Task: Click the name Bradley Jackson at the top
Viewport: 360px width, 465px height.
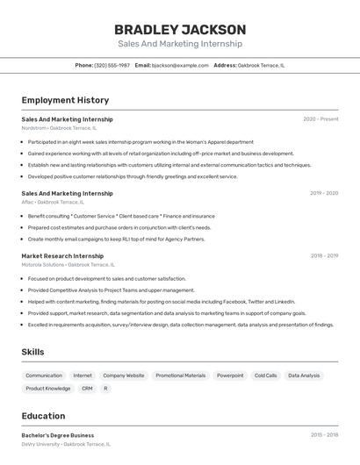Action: (x=180, y=30)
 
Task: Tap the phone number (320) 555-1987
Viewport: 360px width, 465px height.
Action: (x=112, y=65)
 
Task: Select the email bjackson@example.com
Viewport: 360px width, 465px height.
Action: (x=180, y=65)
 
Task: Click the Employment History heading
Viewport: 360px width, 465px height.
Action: (x=65, y=100)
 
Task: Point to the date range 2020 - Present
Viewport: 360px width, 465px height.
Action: (x=320, y=119)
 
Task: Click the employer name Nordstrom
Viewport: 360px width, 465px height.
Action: (x=34, y=128)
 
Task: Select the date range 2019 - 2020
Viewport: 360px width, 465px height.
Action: (x=323, y=193)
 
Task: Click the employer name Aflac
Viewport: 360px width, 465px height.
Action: (x=27, y=202)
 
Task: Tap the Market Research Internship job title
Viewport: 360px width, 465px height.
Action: (x=62, y=256)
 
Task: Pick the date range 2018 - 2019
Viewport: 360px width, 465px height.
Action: (x=324, y=256)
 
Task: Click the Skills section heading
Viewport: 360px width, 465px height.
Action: (x=33, y=352)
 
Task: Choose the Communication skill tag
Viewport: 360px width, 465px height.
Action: (x=44, y=376)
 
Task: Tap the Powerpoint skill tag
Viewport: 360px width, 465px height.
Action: (x=230, y=376)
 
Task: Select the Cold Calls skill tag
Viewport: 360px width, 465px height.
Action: (x=265, y=376)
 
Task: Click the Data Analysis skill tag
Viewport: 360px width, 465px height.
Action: (x=304, y=376)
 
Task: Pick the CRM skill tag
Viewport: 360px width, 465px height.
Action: (x=87, y=388)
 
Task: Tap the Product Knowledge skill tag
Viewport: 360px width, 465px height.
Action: (x=48, y=388)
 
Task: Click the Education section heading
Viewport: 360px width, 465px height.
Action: (x=43, y=416)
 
